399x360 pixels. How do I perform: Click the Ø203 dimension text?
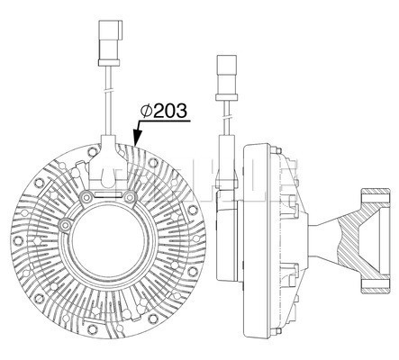[164, 111]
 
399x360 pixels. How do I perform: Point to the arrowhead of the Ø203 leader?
[137, 138]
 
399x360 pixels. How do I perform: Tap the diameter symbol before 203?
[147, 111]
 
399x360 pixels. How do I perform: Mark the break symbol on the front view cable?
[108, 90]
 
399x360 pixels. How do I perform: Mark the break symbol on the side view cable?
[227, 116]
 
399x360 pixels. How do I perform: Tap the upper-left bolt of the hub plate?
[87, 197]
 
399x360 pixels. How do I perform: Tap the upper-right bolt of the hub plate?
[130, 197]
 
